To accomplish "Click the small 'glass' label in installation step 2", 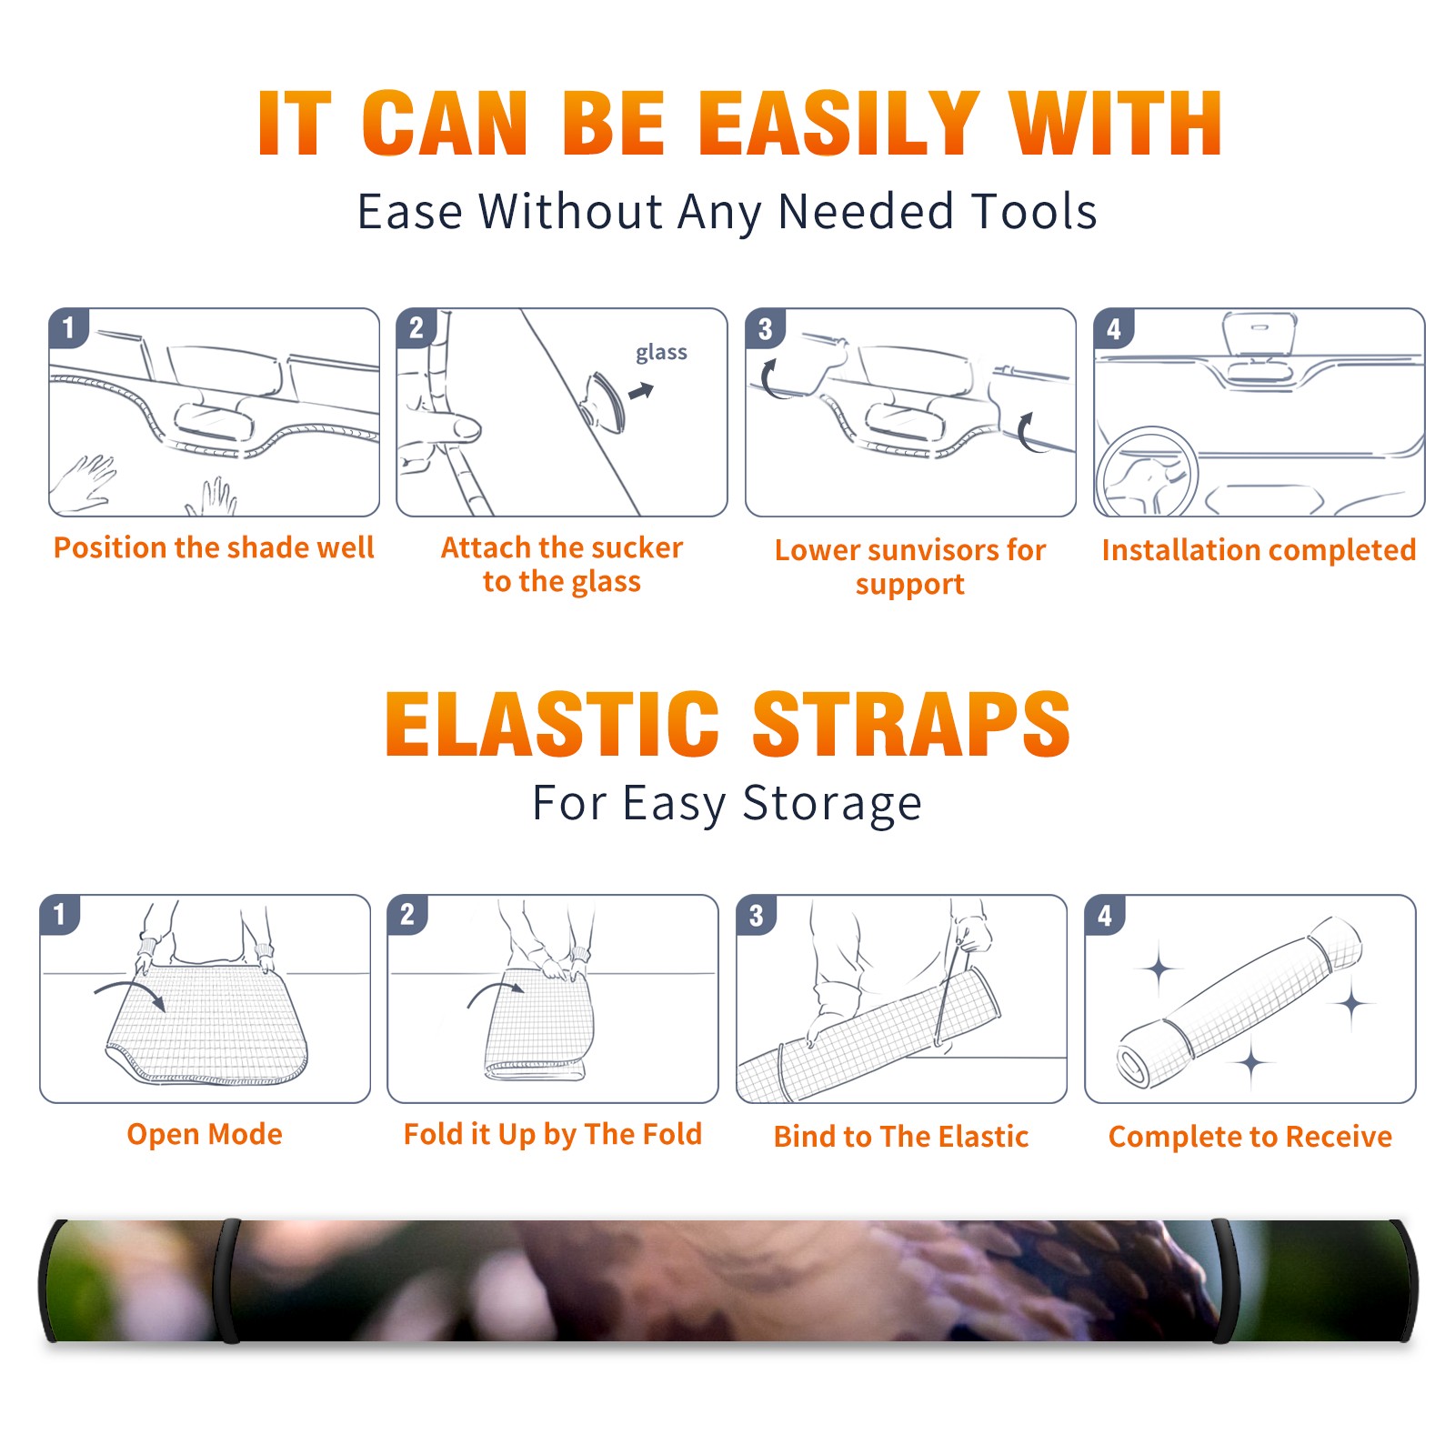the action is coord(661,353).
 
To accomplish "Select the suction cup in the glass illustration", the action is coord(605,401).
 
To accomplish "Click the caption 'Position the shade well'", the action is coord(214,547).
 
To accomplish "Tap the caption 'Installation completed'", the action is coord(1259,550).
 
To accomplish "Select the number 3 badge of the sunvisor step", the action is coord(765,328).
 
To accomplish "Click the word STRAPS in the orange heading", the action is coord(911,724).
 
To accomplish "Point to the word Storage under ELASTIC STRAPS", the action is coord(832,804).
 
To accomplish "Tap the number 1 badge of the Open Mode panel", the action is coord(60,914).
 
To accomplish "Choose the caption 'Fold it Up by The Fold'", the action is coord(553,1134).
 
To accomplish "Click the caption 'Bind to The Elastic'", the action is coord(901,1137).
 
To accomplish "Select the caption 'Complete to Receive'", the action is coord(1250,1137).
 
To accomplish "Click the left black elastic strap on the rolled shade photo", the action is coord(229,1280).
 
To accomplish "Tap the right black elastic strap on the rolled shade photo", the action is coord(1223,1280).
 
